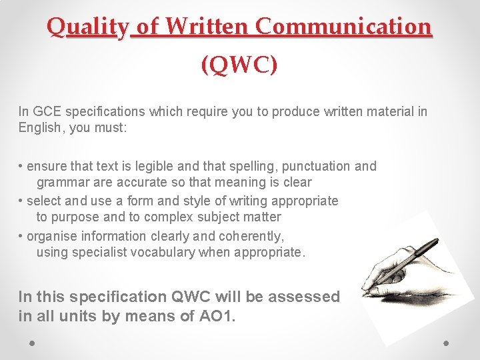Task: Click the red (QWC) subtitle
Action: click(x=239, y=65)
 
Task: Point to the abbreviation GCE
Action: click(x=45, y=111)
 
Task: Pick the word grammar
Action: click(x=63, y=182)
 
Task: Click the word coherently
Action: click(x=251, y=236)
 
